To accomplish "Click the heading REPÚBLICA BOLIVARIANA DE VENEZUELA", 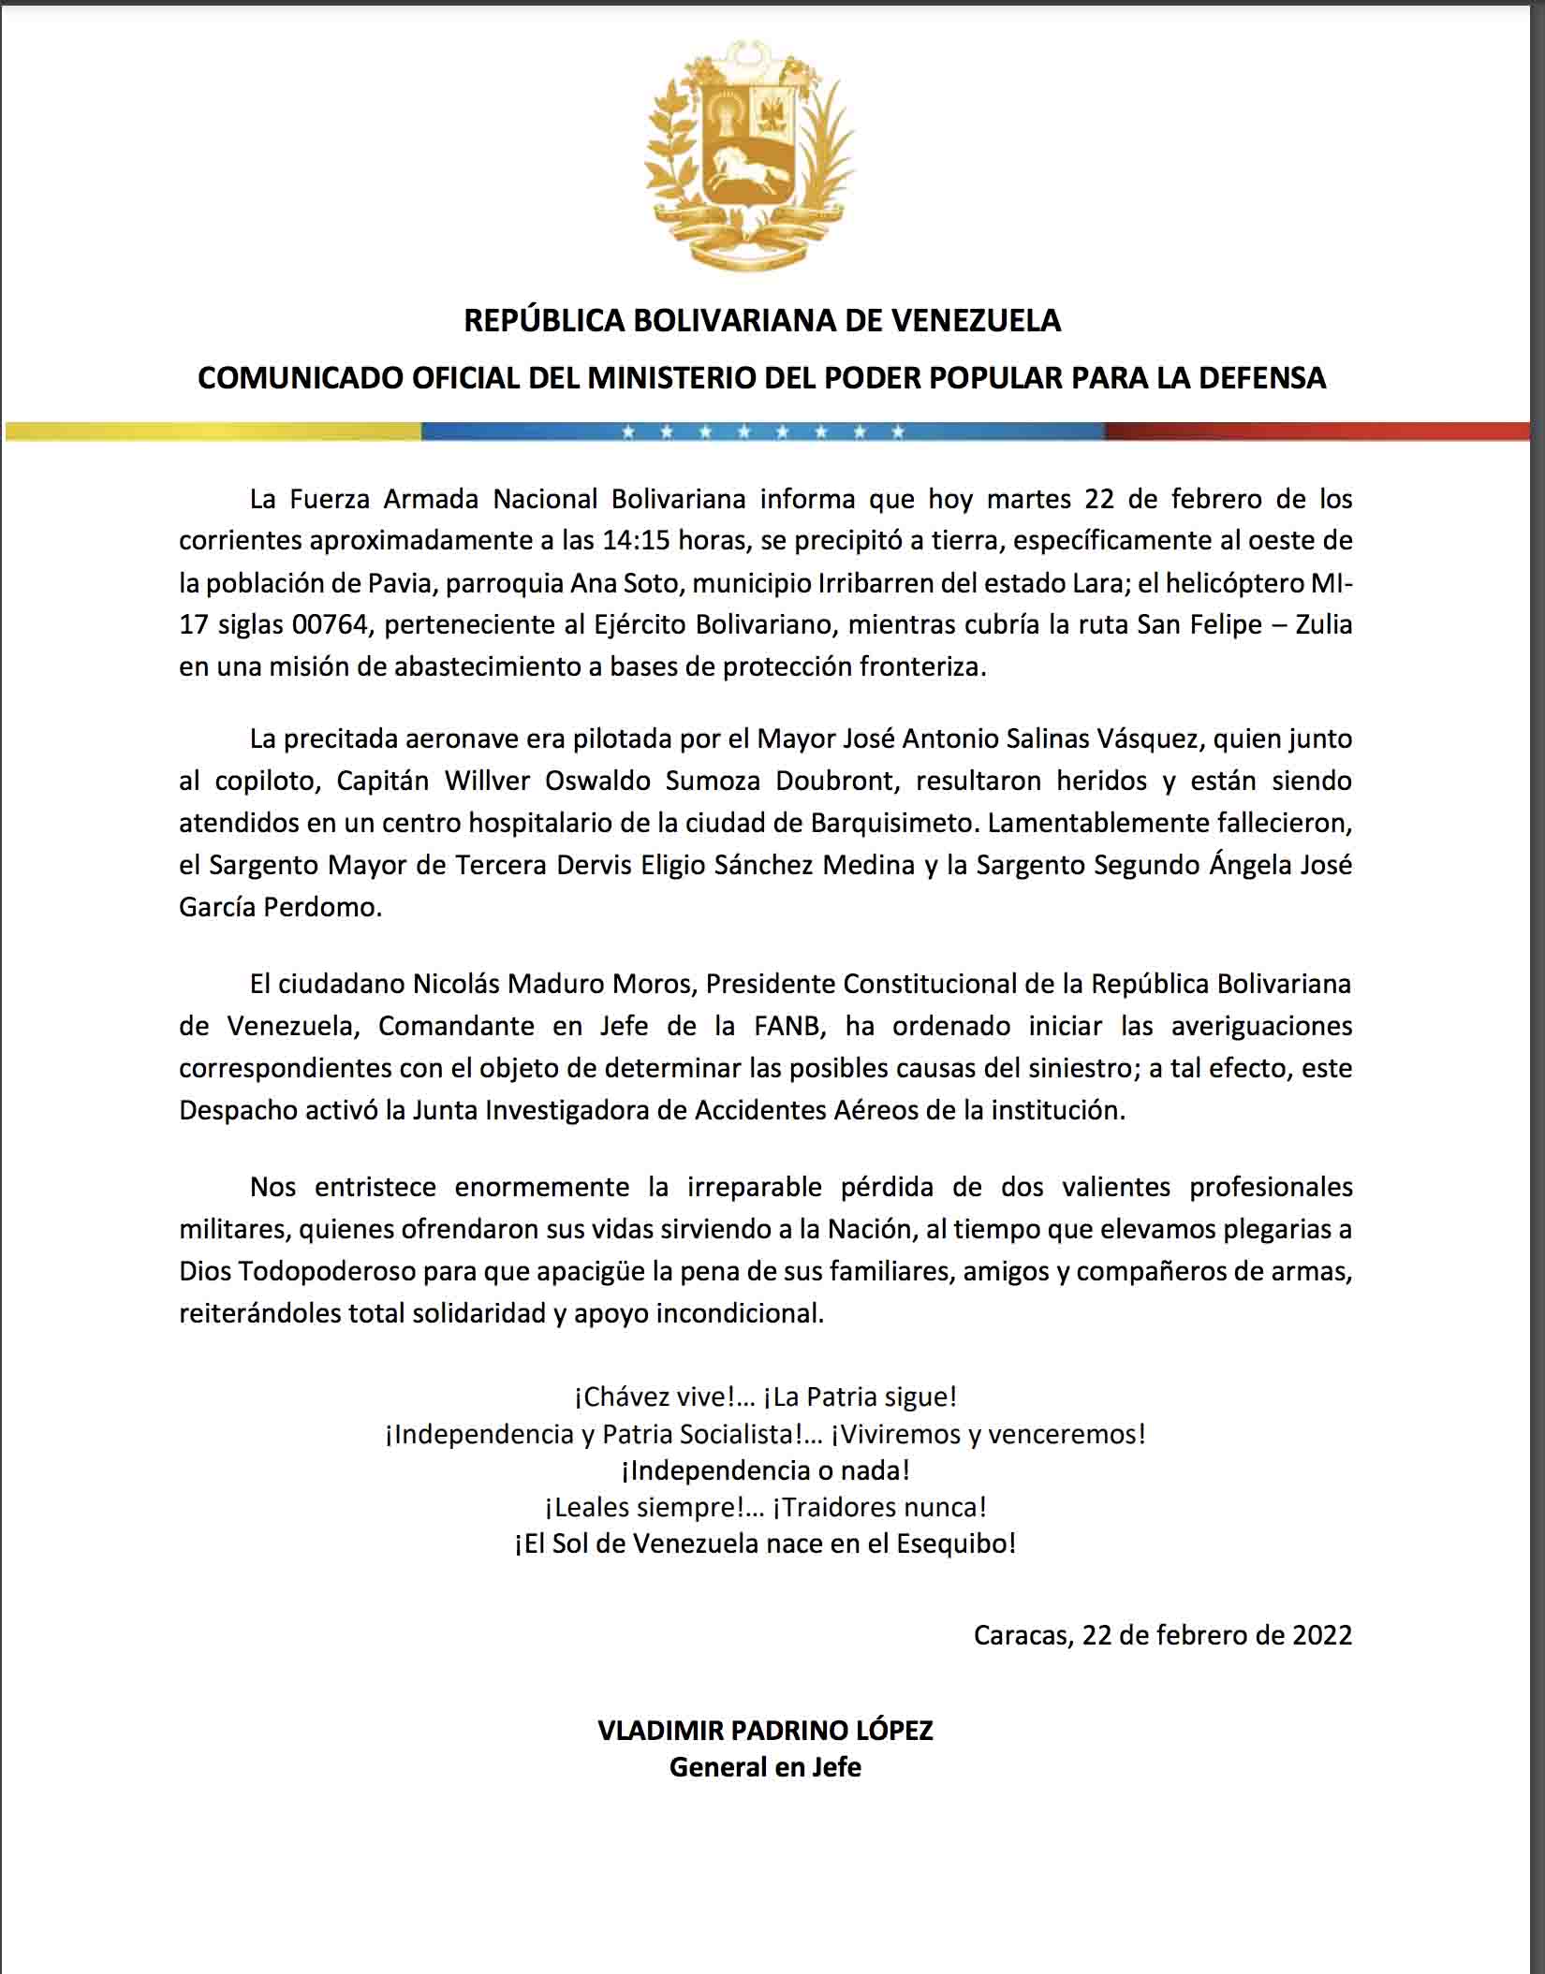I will pos(762,321).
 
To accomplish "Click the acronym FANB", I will pos(788,1026).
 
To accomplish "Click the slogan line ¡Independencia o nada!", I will pos(765,1470).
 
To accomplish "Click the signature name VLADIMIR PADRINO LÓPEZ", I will pos(765,1731).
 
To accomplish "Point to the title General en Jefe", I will pos(765,1767).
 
